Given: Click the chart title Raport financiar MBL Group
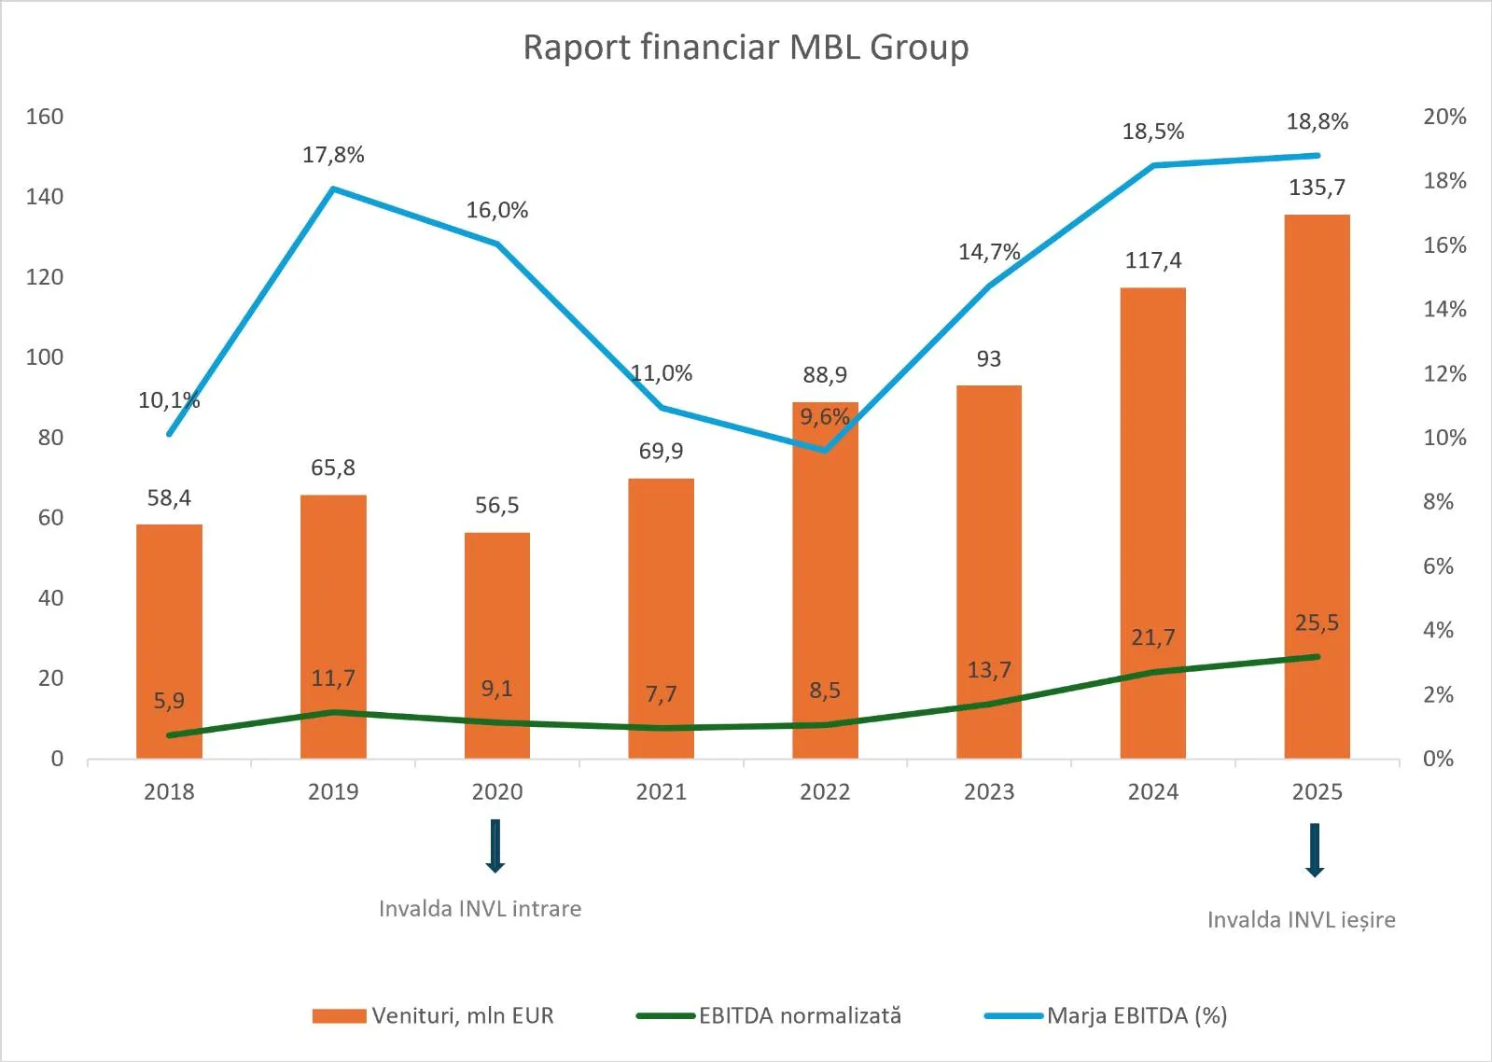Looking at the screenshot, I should point(746,48).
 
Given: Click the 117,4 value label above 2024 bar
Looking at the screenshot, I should point(1152,260).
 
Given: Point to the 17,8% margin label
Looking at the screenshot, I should point(333,155).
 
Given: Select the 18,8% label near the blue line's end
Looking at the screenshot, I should point(1317,121).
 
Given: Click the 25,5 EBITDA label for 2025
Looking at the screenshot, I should point(1317,622).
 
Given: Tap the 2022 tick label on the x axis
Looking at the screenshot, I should point(825,792).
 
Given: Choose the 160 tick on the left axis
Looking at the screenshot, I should point(45,117).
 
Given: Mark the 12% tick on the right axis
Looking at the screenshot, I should point(1443,373).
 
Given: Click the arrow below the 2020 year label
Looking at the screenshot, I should point(495,845).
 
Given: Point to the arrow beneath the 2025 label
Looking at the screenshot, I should point(1315,849).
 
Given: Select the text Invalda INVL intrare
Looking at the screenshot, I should point(480,909).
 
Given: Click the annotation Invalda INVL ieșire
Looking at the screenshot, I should point(1301,920).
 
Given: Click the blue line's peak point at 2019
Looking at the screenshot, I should point(333,189).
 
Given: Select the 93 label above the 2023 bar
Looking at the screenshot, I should point(988,359).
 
